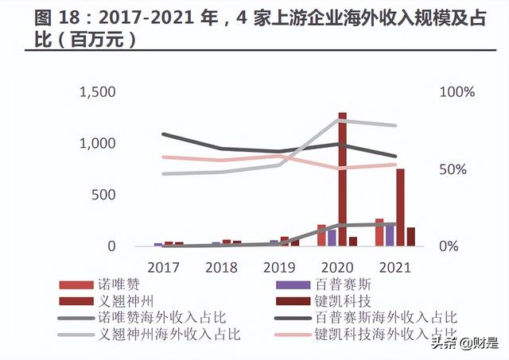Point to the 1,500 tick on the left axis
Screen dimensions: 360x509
pyautogui.click(x=97, y=92)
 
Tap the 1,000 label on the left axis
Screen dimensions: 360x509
pyautogui.click(x=97, y=144)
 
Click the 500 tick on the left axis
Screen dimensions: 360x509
pyautogui.click(x=104, y=195)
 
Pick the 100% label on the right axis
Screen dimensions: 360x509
pyautogui.click(x=457, y=92)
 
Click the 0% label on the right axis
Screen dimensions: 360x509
pyautogui.click(x=449, y=246)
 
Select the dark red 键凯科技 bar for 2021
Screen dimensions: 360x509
pyautogui.click(x=411, y=237)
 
